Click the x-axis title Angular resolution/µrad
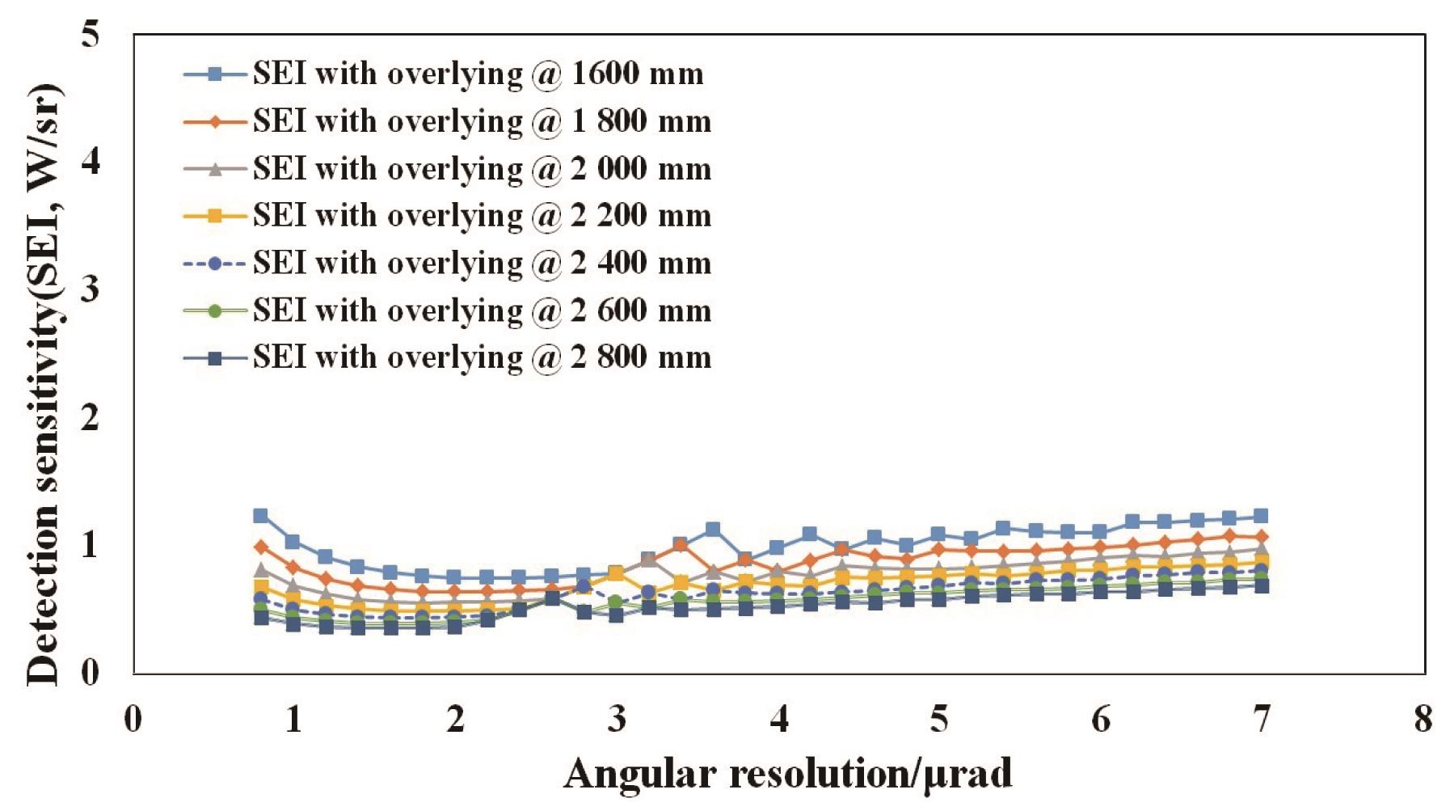pyautogui.click(x=787, y=774)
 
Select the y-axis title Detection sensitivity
pyautogui.click(x=44, y=384)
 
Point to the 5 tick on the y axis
pyautogui.click(x=91, y=35)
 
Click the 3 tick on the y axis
pyautogui.click(x=91, y=289)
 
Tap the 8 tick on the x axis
pyautogui.click(x=1423, y=719)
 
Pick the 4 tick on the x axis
pyautogui.click(x=778, y=719)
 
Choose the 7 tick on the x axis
pyautogui.click(x=1262, y=719)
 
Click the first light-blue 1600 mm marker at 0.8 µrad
pyautogui.click(x=260, y=516)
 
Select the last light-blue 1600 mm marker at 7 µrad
pyautogui.click(x=1261, y=517)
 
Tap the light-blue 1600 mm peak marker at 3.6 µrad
pyautogui.click(x=713, y=530)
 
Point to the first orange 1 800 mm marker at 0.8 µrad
pyautogui.click(x=260, y=547)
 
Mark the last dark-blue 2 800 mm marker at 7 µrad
pyautogui.click(x=1261, y=586)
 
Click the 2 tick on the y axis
pyautogui.click(x=91, y=417)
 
